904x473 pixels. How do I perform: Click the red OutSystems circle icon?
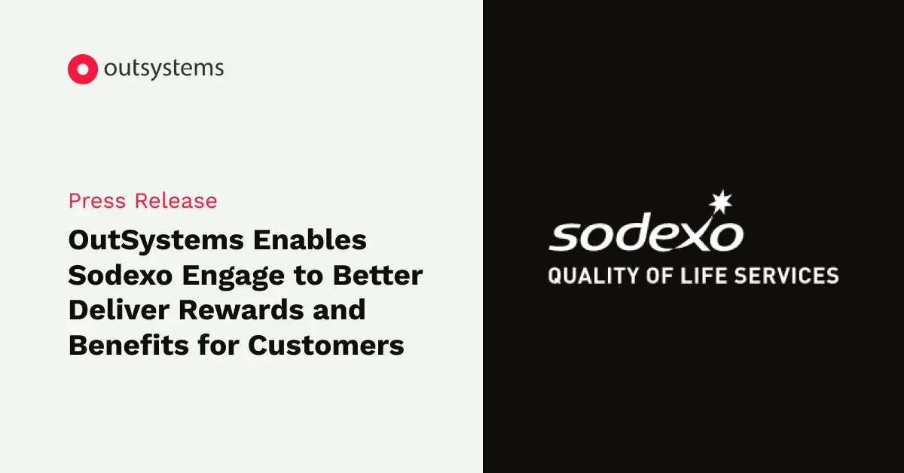(x=83, y=69)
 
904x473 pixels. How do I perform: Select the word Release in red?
(x=176, y=201)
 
